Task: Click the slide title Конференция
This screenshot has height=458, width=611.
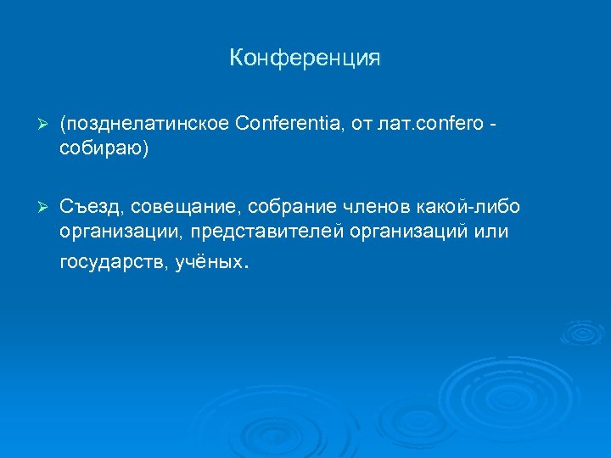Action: (305, 59)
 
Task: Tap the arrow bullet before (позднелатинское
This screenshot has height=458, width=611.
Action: (35, 126)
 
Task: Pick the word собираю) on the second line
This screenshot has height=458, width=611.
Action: (104, 148)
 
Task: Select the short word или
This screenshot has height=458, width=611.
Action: (492, 232)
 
